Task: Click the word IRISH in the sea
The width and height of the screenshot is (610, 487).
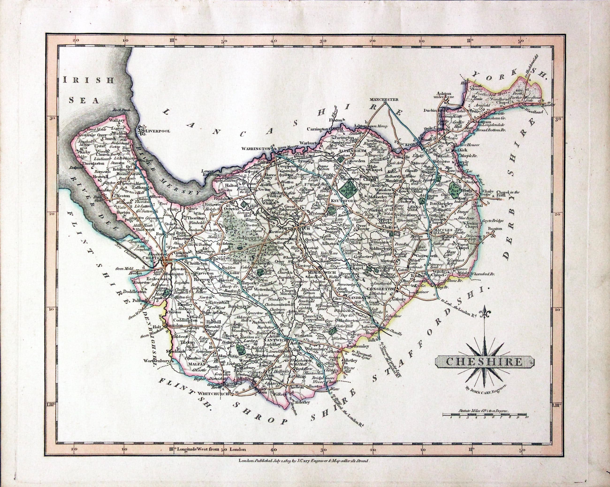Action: pos(88,80)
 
